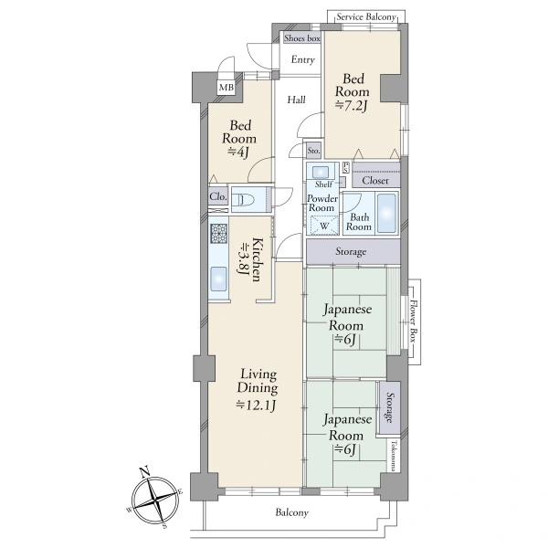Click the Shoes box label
302,38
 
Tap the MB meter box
227,88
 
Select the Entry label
303,59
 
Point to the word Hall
296,100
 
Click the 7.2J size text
352,105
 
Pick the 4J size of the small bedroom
238,152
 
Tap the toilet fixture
246,200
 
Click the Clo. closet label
218,196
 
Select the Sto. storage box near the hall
313,151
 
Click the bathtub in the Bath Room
387,213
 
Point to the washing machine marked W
323,226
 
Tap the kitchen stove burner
219,234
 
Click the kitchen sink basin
219,279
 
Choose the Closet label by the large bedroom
375,181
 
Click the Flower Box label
414,321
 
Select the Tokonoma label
395,456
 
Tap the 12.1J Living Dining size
257,406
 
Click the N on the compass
144,472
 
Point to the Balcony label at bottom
292,512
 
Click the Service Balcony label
366,16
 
